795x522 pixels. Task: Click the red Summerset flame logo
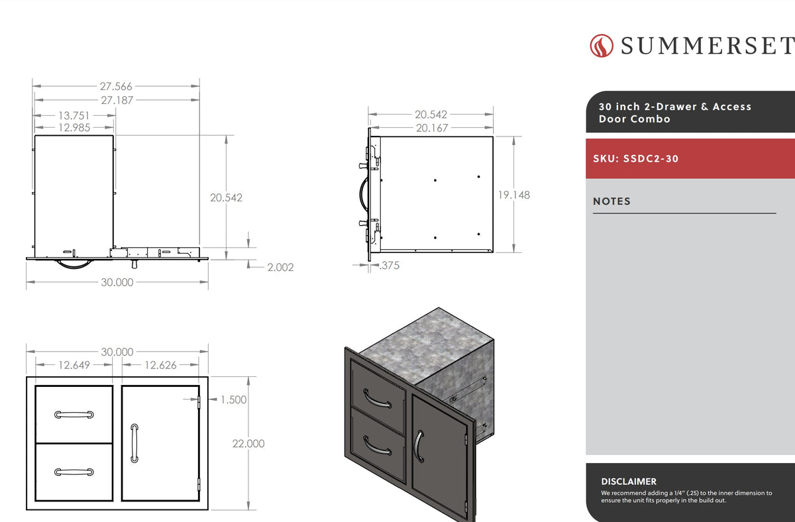point(602,46)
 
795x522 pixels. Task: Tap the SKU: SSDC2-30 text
point(635,158)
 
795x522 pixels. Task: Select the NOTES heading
point(611,201)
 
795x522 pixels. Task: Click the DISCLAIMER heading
point(629,481)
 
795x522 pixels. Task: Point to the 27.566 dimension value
point(116,86)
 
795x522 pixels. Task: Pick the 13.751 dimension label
point(74,115)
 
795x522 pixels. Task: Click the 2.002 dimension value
point(280,267)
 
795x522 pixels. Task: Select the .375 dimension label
point(390,266)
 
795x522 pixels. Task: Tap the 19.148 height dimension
point(514,195)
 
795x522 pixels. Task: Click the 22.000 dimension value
point(248,444)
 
